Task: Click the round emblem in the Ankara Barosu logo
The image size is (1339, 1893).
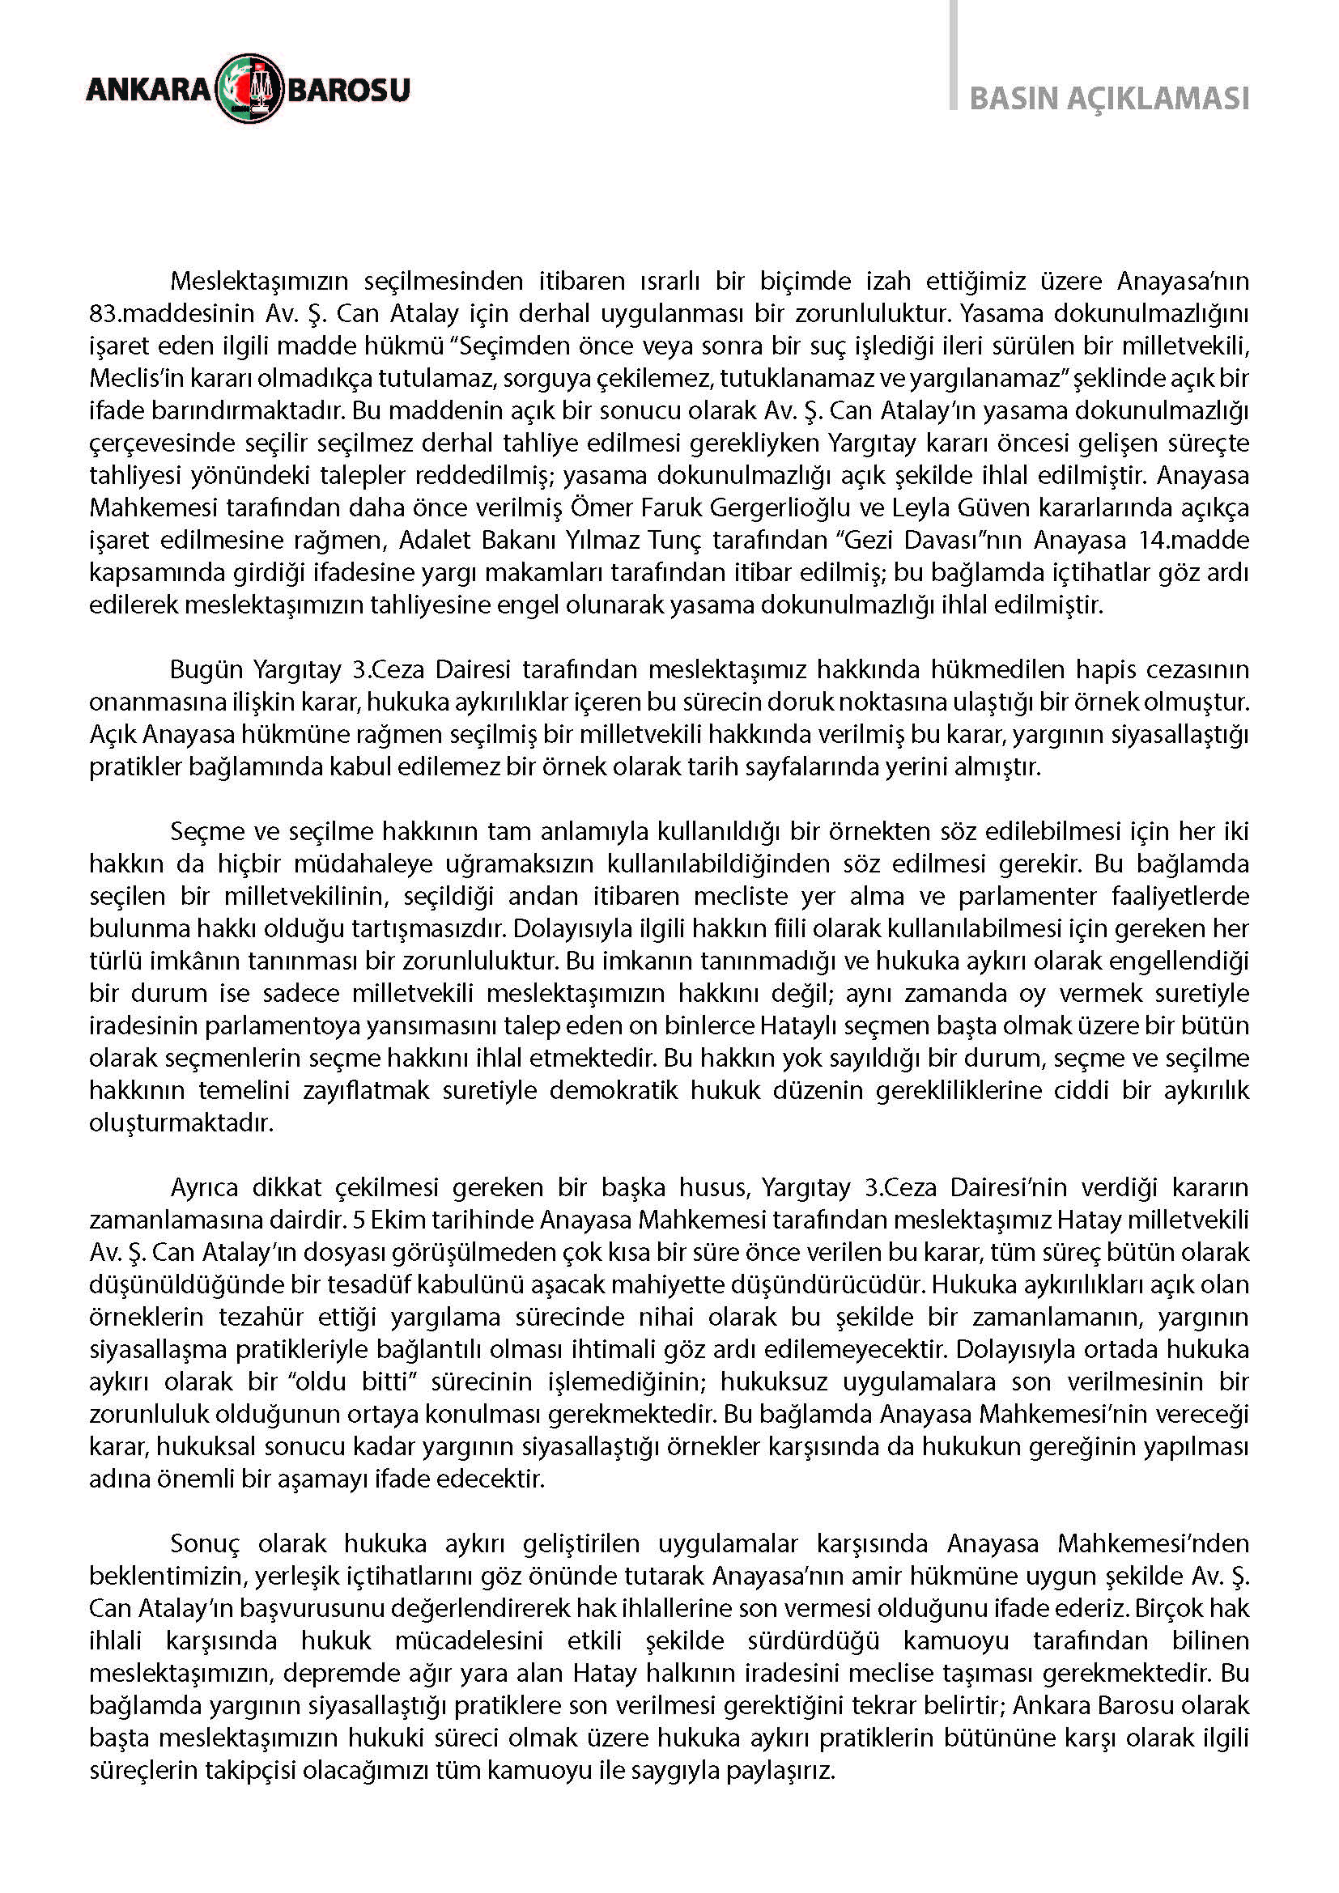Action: pyautogui.click(x=250, y=88)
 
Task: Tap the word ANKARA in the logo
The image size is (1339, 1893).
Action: pyautogui.click(x=148, y=89)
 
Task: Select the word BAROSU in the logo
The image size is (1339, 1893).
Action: pyautogui.click(x=348, y=89)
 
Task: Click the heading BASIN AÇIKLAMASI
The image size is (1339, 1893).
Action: pyautogui.click(x=1109, y=98)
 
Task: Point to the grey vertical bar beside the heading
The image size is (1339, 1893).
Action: pyautogui.click(x=953, y=54)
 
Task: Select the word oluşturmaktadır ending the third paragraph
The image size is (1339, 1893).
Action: pyautogui.click(x=181, y=1124)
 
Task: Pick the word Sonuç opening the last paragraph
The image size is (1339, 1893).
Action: pyautogui.click(x=206, y=1543)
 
